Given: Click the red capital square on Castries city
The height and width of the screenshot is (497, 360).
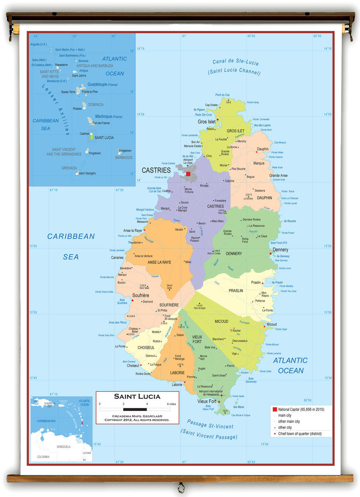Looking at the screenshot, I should (x=188, y=174).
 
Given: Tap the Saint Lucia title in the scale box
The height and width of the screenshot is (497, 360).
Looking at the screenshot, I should (x=137, y=396).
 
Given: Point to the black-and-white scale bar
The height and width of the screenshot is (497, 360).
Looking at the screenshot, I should (x=135, y=409).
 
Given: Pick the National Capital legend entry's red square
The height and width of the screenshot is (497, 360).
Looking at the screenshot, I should (x=275, y=409).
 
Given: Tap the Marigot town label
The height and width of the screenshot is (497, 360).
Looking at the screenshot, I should (x=165, y=209).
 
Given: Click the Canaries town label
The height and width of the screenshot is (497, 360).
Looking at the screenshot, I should (x=117, y=257).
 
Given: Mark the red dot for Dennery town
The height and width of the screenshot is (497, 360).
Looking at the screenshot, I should (x=270, y=254).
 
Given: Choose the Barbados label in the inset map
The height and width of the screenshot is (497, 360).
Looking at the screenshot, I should (x=123, y=158).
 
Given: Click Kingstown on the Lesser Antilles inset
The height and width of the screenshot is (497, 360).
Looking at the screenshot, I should (x=95, y=153).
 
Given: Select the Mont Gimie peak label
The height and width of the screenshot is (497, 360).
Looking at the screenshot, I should (x=170, y=287).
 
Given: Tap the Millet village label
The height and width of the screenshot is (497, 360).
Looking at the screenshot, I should (x=188, y=262).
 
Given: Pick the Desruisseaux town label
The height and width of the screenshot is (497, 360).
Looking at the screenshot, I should (x=240, y=341).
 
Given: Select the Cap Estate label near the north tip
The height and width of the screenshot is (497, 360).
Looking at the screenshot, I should (x=211, y=105).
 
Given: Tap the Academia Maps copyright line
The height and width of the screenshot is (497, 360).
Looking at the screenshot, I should (x=137, y=418).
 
